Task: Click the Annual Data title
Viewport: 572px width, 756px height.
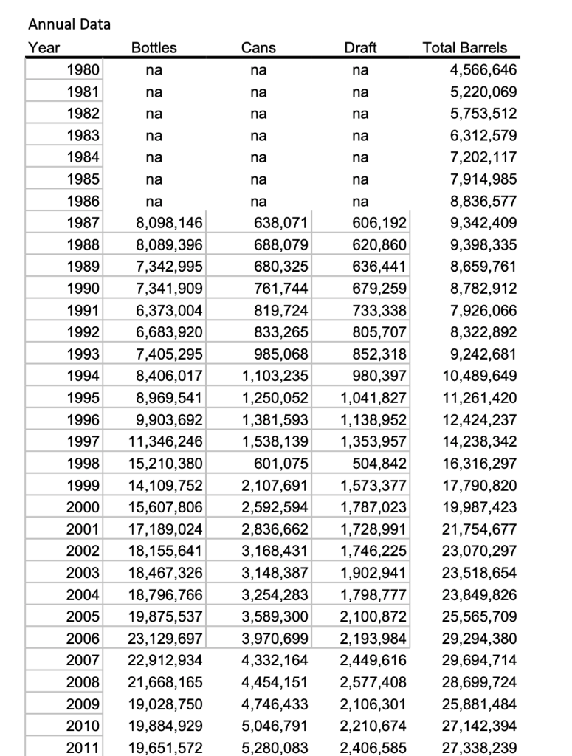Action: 69,24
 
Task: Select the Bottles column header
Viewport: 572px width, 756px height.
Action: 154,48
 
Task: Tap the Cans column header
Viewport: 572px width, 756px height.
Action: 258,48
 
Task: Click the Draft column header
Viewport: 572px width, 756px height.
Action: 360,48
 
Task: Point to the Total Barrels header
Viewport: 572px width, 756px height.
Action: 464,48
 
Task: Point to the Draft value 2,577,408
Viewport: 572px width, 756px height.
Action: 374,681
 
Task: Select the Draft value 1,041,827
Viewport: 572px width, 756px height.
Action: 374,398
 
